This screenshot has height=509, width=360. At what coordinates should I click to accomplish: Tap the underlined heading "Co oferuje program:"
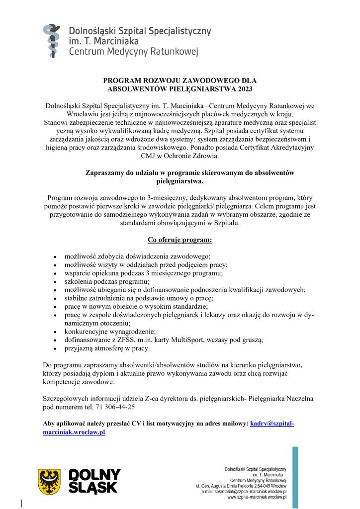180,240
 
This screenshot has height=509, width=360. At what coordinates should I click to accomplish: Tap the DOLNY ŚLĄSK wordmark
94,480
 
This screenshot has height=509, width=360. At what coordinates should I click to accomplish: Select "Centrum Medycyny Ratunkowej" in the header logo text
133,52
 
